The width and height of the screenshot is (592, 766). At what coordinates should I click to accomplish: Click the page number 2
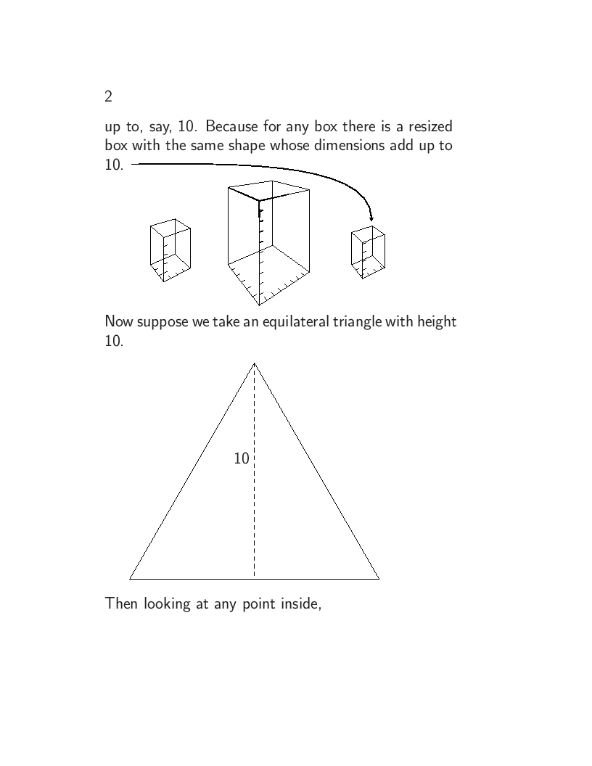click(109, 96)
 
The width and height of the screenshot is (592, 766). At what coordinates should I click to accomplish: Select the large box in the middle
click(268, 243)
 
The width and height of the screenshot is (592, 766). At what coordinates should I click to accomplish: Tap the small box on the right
click(368, 252)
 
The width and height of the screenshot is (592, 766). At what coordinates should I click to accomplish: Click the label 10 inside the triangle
click(242, 458)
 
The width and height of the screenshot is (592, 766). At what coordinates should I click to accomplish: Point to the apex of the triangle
click(255, 363)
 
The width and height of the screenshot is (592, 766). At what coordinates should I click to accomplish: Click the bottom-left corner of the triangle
click(130, 579)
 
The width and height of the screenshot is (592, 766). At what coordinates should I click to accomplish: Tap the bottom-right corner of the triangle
click(379, 579)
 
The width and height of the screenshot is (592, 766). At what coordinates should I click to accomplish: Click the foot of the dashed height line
click(255, 578)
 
